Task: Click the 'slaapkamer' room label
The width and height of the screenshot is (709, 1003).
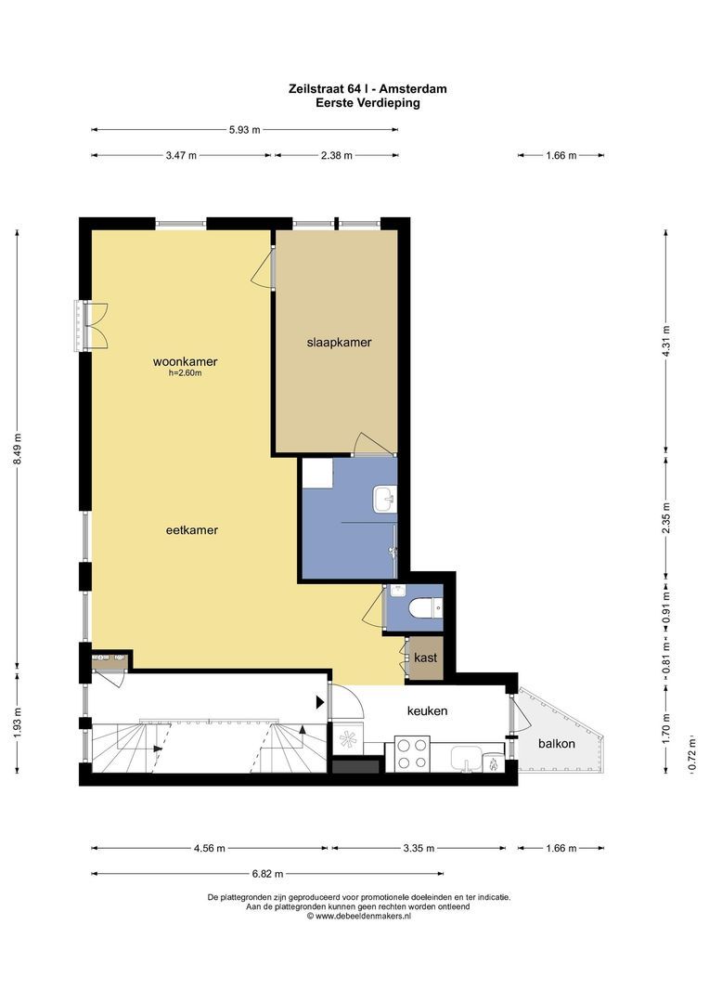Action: (x=339, y=342)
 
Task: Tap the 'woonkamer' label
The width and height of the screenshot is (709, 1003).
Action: (x=191, y=362)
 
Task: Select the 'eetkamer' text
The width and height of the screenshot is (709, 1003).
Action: (x=192, y=530)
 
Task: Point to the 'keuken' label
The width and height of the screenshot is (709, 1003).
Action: (x=427, y=710)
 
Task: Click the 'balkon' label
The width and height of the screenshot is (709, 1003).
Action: (x=557, y=744)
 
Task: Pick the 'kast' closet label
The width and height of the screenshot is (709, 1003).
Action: (x=425, y=658)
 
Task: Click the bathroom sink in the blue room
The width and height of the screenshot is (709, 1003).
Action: (x=383, y=500)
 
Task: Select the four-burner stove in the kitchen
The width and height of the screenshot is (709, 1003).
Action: (x=411, y=751)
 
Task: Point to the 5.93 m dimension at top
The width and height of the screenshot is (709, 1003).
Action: (x=245, y=130)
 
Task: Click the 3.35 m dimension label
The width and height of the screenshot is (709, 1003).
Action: (x=419, y=848)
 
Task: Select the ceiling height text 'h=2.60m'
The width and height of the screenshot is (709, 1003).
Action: (x=185, y=374)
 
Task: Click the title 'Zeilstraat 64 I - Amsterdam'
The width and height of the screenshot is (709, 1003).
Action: (x=367, y=89)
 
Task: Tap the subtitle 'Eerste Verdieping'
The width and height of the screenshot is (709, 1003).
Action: (x=367, y=103)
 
